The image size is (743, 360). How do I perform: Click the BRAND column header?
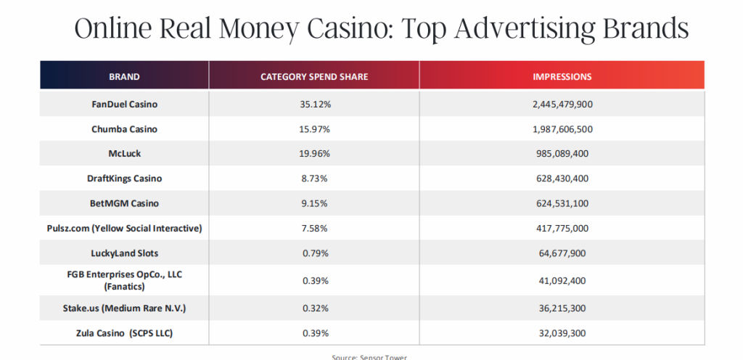click(x=124, y=76)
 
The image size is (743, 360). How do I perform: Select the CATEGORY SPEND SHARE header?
click(x=314, y=76)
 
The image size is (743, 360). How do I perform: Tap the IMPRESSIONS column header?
click(x=562, y=76)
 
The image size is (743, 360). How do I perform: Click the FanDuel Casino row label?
click(x=124, y=105)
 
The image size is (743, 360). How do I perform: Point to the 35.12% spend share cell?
click(x=314, y=105)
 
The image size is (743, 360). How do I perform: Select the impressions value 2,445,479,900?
click(x=562, y=105)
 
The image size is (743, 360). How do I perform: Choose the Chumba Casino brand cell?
click(x=124, y=129)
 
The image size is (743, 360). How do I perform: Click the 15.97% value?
click(x=314, y=129)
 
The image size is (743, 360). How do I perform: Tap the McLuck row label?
click(x=124, y=154)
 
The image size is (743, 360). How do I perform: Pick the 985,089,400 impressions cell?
click(x=562, y=154)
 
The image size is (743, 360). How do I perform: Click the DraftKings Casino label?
click(x=124, y=179)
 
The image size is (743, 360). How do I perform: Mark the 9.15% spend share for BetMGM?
click(x=314, y=204)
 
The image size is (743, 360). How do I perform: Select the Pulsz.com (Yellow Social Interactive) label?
click(x=124, y=229)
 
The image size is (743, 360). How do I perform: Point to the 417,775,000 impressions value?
click(x=562, y=229)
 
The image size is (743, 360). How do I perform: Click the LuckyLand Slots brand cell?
click(x=124, y=253)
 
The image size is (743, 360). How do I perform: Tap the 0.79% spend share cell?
click(x=314, y=253)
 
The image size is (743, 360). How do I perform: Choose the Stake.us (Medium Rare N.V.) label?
click(x=124, y=308)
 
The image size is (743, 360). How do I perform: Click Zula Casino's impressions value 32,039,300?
click(x=562, y=333)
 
